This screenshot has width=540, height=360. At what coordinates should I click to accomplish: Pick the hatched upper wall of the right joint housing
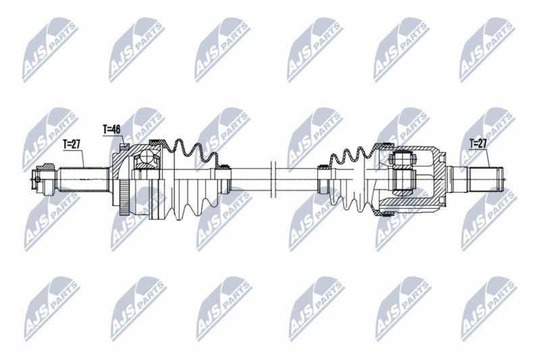(422, 153)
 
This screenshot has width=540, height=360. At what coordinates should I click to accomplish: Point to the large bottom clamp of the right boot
(387, 211)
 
